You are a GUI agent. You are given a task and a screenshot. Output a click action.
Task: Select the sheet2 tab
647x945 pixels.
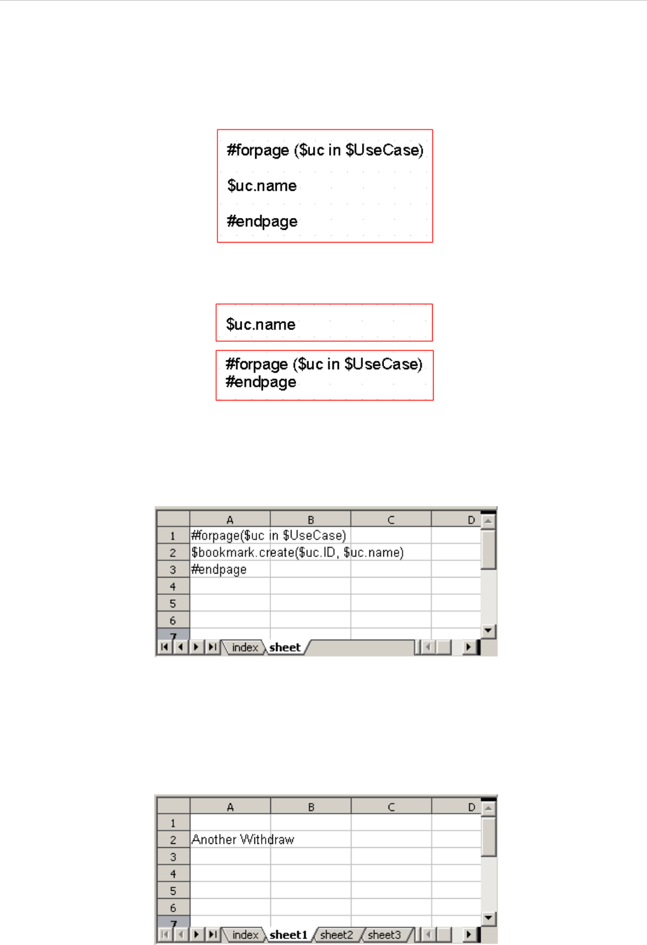pos(336,934)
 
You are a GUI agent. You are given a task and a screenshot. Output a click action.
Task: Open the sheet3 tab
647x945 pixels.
pos(385,934)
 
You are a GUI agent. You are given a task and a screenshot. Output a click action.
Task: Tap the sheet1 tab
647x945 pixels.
pos(288,934)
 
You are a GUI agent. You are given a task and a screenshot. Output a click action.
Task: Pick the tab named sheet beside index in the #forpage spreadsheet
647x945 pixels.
pos(285,648)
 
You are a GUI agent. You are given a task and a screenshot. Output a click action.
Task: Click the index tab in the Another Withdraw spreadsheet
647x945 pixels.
pos(245,934)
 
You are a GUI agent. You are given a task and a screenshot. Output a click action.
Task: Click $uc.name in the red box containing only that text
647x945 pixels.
pos(260,324)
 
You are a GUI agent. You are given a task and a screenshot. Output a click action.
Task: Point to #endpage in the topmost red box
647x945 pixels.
pos(262,221)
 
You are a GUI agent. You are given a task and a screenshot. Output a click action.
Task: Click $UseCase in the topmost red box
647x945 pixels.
pos(384,150)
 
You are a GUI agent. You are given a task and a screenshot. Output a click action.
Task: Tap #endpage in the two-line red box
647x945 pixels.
pos(260,382)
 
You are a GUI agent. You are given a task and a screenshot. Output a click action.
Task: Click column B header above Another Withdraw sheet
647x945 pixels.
pos(311,807)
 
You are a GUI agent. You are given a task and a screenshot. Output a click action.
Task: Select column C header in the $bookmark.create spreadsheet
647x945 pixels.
pos(391,519)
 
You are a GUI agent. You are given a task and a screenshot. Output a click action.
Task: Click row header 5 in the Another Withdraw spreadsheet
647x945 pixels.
pos(173,891)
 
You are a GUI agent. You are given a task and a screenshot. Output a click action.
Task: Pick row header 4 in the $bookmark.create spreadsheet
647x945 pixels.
pos(172,587)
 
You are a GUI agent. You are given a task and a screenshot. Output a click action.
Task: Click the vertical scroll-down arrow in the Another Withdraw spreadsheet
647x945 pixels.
pos(488,918)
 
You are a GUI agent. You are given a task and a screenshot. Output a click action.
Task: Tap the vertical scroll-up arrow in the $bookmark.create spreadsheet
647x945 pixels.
pos(488,521)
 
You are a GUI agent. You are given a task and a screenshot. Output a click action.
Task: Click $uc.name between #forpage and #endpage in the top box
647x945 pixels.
pos(262,186)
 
